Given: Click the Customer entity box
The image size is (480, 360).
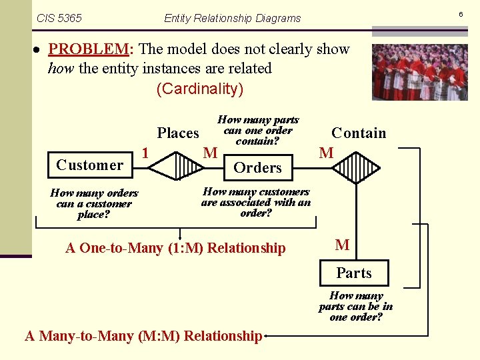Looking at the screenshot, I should [90, 165].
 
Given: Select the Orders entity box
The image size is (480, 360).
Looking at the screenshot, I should [257, 168].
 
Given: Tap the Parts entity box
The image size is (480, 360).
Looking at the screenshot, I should [353, 273].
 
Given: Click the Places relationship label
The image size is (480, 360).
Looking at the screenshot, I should [178, 133].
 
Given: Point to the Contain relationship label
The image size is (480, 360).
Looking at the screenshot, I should [359, 133].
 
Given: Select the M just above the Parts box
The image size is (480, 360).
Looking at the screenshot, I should [342, 245].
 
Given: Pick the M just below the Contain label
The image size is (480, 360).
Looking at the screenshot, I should [326, 153].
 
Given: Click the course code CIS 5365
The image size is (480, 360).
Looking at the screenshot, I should [59, 18].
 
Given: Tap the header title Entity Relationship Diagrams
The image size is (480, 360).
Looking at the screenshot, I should [232, 18].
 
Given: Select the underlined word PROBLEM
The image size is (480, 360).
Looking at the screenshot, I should [88, 49].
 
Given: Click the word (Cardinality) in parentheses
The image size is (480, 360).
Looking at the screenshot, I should [200, 89].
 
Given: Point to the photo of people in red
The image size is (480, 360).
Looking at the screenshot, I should [419, 72].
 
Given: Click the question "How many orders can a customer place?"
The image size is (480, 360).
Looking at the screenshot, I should [94, 203].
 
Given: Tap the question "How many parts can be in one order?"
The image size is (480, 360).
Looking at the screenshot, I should [356, 306].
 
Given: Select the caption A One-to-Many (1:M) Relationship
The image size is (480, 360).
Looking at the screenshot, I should [175, 248].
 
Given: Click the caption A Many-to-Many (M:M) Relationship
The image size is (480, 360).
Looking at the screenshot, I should [143, 336].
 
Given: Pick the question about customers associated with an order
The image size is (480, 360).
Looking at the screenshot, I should [256, 202].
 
